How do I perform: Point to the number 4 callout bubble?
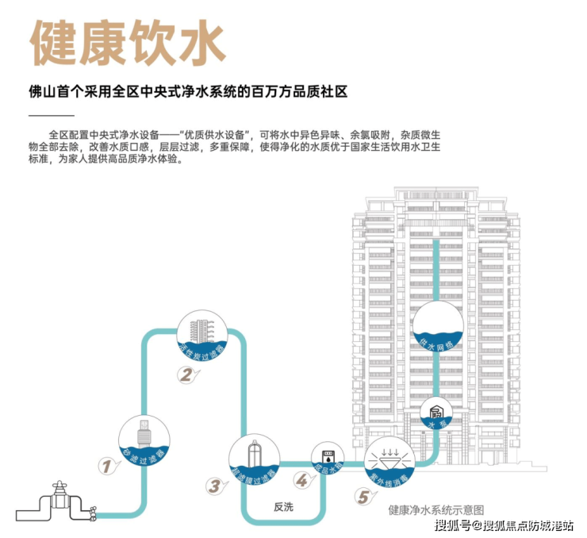point(301,480)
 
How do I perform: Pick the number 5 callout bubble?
point(363,498)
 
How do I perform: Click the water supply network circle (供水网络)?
point(437,326)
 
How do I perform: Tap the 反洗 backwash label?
point(282,507)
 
